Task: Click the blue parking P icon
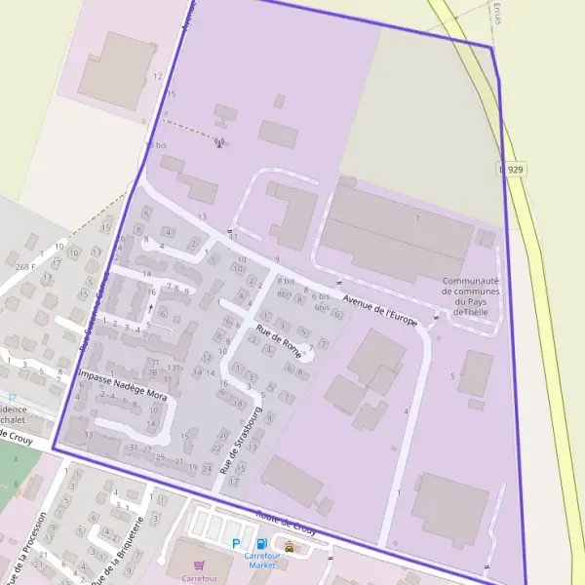pyautogui.click(x=236, y=543)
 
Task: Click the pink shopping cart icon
pyautogui.click(x=200, y=565)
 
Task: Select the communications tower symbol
pyautogui.click(x=219, y=143)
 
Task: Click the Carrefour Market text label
pyautogui.click(x=262, y=560)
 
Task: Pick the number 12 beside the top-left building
pyautogui.click(x=157, y=75)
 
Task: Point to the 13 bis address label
pyautogui.click(x=156, y=144)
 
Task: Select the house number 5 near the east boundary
pyautogui.click(x=452, y=375)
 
